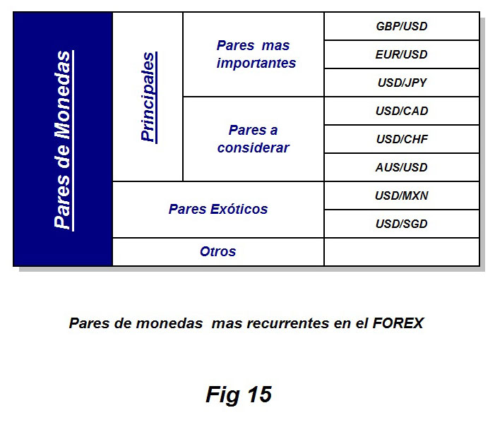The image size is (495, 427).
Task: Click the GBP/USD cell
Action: pos(402,26)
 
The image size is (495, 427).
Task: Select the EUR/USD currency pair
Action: pos(402,54)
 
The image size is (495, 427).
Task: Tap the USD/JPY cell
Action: pos(402,83)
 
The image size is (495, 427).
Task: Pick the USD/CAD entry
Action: pos(402,111)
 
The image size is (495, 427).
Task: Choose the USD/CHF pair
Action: pos(402,139)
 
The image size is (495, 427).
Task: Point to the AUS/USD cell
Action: pos(402,167)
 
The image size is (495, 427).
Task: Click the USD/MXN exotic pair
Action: pos(402,196)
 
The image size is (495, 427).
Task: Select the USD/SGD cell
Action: pos(402,224)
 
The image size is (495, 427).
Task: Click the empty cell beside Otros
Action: pos(402,252)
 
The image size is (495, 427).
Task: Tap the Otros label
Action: pos(217,251)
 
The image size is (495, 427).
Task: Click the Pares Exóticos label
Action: pos(217,209)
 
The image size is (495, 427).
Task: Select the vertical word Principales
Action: pos(148,97)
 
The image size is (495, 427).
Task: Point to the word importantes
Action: pos(256,63)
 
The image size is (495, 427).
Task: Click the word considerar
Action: pos(254,148)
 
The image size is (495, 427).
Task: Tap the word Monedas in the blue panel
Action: pos(63,95)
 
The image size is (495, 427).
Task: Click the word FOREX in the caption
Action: pos(398,323)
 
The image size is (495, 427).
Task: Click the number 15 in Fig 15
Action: pos(259,394)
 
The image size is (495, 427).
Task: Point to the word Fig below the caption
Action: pos(222,395)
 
